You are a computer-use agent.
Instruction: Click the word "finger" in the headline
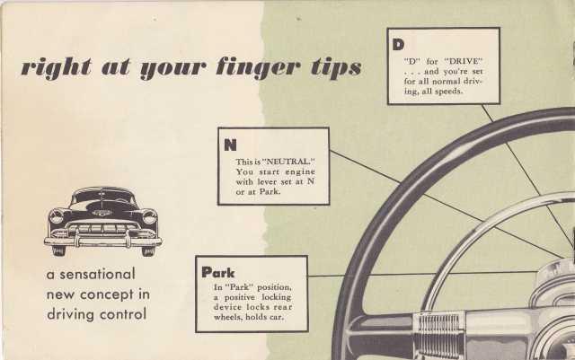258,68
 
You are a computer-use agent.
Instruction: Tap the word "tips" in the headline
336,68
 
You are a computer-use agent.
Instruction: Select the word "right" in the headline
57,68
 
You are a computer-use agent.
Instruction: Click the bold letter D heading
398,44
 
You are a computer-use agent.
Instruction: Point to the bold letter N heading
230,145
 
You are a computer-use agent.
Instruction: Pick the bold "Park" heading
217,272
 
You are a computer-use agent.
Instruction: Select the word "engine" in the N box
300,172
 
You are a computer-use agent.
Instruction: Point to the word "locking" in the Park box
277,298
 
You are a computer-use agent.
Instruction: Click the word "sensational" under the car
97,274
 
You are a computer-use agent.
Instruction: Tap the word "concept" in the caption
107,294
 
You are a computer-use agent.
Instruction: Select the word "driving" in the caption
70,315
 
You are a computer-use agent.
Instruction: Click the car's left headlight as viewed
56,216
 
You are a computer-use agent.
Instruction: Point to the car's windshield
103,197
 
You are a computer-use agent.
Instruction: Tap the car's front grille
103,230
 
